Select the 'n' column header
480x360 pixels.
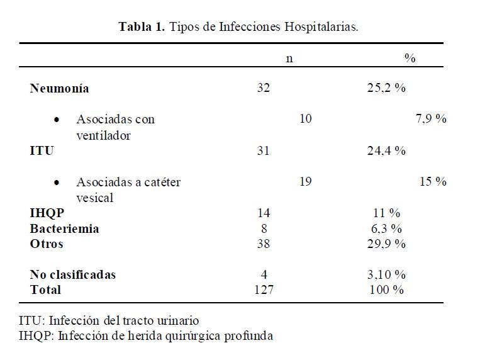point(289,59)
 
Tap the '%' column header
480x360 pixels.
point(410,59)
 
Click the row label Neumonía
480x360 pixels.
point(59,88)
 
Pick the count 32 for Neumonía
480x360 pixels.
point(264,88)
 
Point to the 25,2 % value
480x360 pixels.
point(386,88)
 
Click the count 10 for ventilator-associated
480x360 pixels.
point(306,119)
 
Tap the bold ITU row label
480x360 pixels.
point(42,151)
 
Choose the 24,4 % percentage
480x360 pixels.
point(386,151)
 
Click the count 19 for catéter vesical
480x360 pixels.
point(306,182)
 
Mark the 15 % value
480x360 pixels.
point(433,182)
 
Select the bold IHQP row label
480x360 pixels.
point(47,213)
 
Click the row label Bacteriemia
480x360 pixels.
point(64,228)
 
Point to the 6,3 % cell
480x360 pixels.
point(386,228)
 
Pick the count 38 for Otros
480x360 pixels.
point(264,244)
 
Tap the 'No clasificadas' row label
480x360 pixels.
point(73,275)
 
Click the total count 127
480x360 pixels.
point(264,290)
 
